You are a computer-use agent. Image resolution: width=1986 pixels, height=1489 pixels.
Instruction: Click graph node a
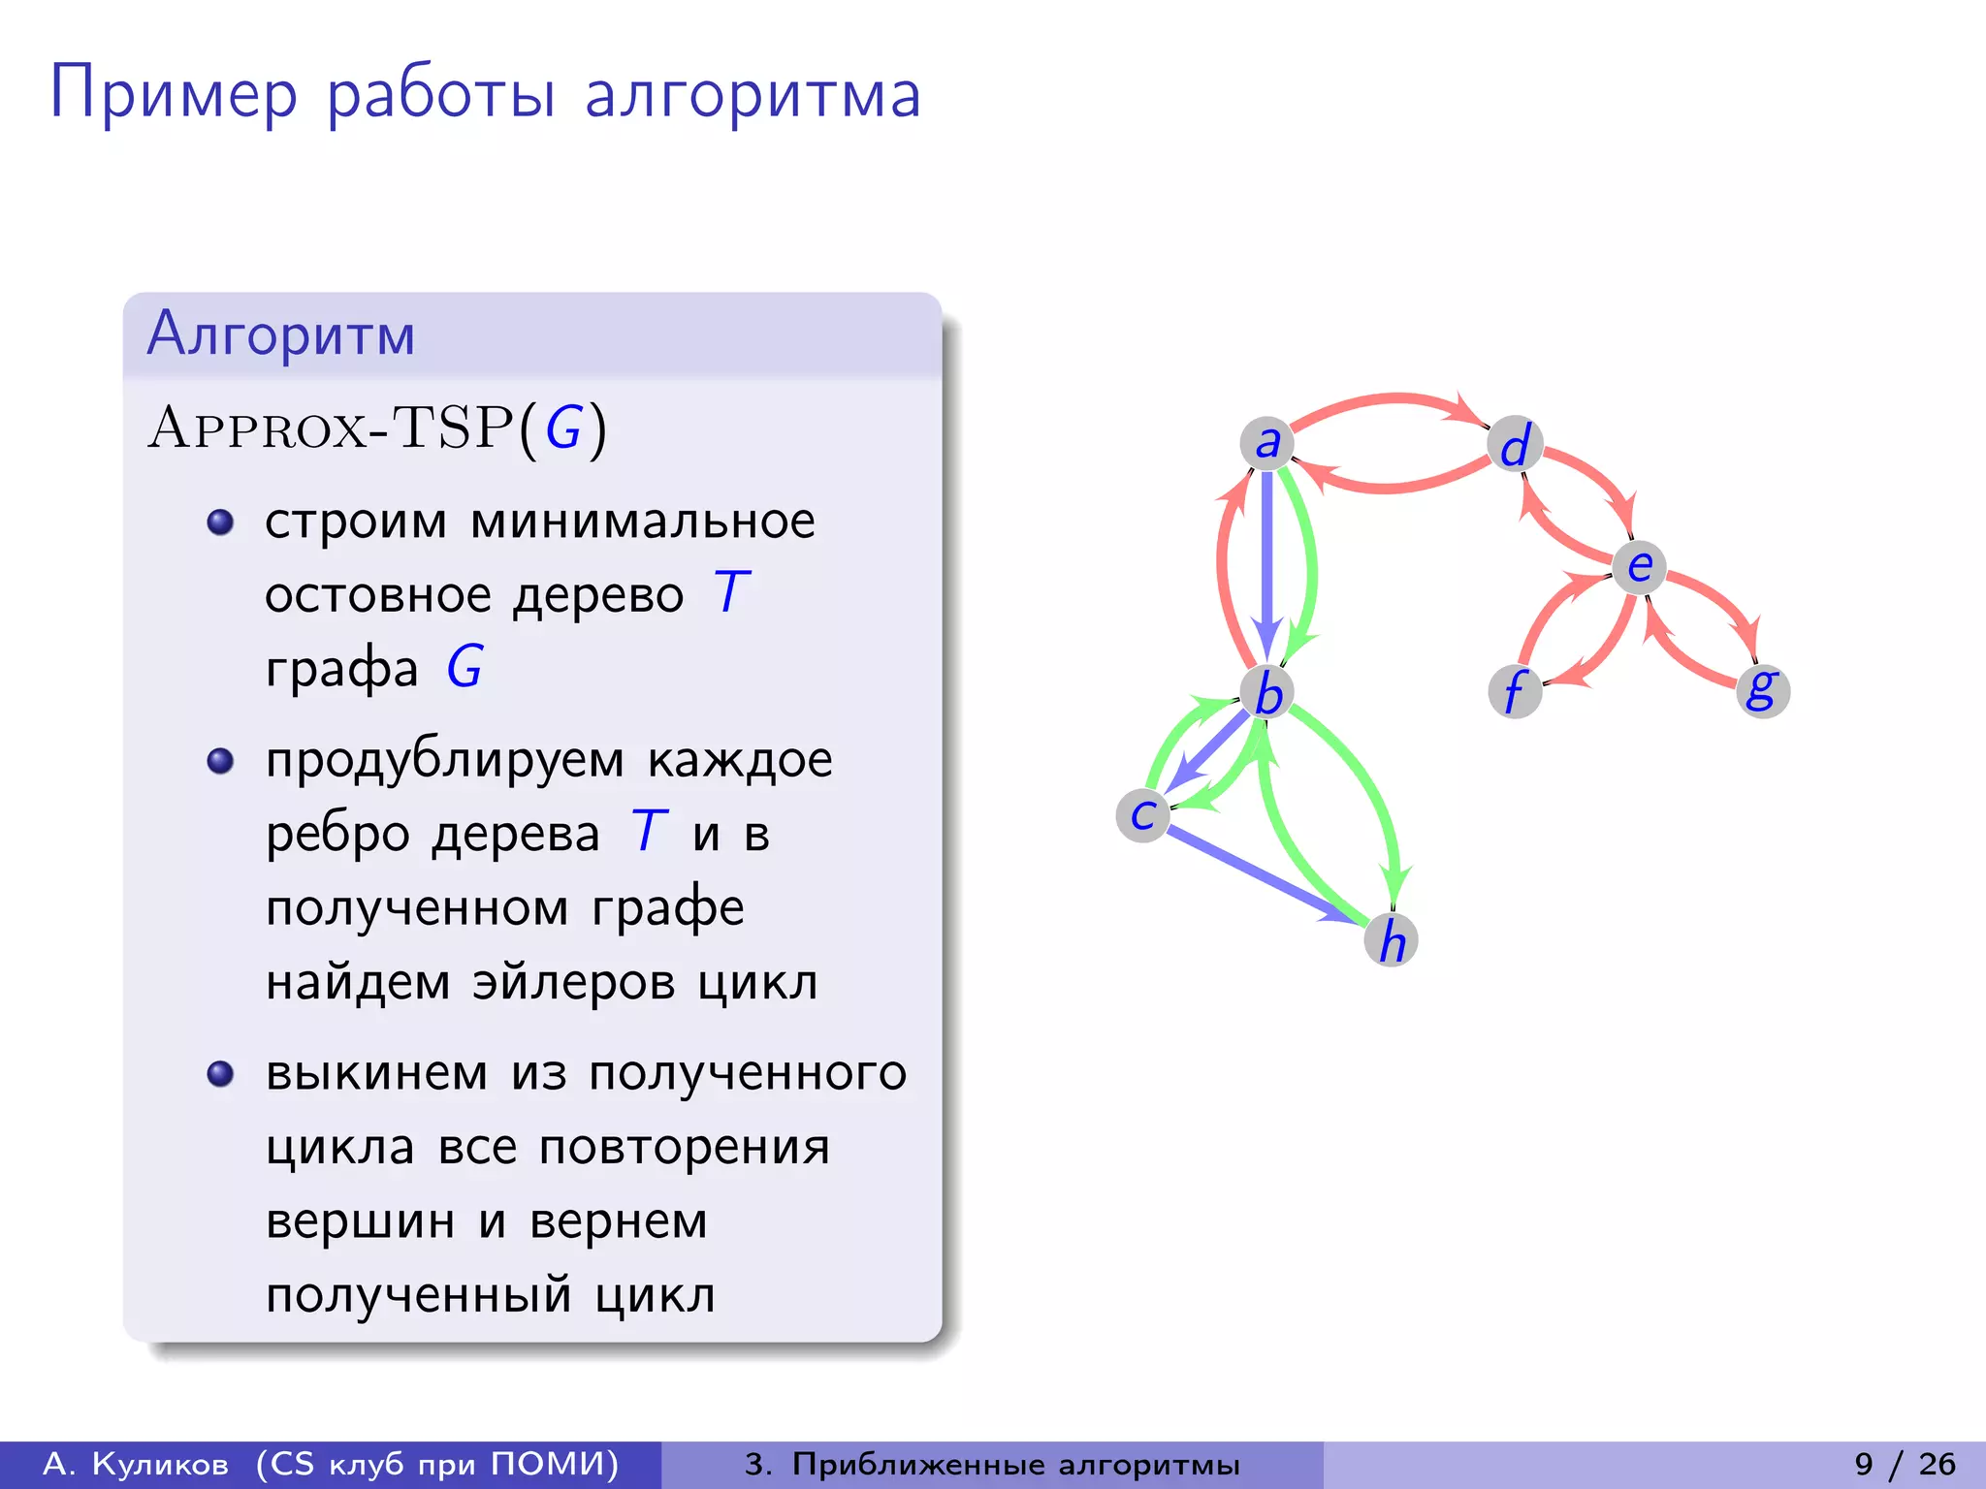pos(1266,444)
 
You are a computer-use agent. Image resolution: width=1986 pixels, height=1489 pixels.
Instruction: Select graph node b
pos(1267,693)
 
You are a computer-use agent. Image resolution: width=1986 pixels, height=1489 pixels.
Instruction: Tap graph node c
pos(1143,815)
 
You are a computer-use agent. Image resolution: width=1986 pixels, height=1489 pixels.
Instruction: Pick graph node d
pos(1515,445)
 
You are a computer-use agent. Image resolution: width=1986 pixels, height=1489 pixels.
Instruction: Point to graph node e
pos(1639,567)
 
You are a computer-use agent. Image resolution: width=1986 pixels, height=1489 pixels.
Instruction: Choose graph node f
pos(1515,691)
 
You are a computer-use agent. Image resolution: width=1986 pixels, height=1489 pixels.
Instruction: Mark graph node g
pos(1762,690)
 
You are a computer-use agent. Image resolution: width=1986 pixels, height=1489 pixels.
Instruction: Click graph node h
pos(1392,939)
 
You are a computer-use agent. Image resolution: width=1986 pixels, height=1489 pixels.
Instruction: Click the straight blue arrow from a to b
pos(1266,562)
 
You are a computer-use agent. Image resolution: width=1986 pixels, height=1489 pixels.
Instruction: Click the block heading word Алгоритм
pos(281,334)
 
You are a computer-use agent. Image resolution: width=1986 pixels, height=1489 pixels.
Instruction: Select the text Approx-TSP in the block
pos(330,428)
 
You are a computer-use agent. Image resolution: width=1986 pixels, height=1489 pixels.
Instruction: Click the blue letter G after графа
pos(464,667)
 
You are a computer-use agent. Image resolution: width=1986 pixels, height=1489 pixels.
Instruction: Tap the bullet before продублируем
pos(221,760)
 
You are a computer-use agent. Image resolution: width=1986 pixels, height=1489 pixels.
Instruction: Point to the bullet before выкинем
pos(221,1074)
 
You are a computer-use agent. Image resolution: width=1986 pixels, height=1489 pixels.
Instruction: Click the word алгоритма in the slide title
pos(753,95)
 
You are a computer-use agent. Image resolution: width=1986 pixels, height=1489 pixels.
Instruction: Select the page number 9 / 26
pos(1905,1464)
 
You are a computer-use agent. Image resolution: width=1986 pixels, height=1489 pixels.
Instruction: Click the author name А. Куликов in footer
pos(136,1464)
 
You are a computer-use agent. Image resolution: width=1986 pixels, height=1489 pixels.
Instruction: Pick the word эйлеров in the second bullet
pos(573,982)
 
